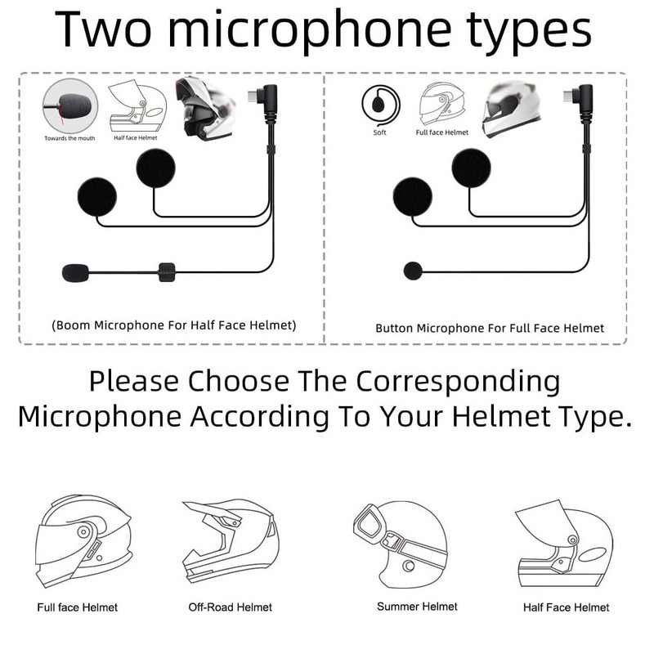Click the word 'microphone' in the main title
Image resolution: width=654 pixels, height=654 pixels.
coord(309,30)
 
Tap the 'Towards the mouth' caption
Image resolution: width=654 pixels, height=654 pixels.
coord(69,138)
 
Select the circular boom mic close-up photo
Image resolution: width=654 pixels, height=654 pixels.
coord(70,106)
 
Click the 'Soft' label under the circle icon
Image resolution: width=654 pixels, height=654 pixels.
coord(379,132)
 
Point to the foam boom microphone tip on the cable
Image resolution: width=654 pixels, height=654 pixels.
coord(75,273)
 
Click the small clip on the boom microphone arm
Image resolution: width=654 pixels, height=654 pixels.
coord(167,272)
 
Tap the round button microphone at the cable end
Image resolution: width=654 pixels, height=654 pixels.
coord(413,271)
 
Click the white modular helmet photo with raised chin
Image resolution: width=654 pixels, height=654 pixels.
coord(205,109)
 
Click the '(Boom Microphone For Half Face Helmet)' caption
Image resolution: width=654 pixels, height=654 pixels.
coord(174,325)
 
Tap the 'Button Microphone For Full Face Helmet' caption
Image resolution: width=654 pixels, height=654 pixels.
coord(490,329)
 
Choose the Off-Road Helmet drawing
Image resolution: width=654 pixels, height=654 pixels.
coord(231,541)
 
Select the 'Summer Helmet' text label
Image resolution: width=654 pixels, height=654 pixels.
coord(417,607)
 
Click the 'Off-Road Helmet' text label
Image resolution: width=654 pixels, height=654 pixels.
coord(231,607)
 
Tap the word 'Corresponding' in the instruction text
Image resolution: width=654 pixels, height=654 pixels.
coord(458,382)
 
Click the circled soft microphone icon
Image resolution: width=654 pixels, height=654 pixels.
coord(381,105)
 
